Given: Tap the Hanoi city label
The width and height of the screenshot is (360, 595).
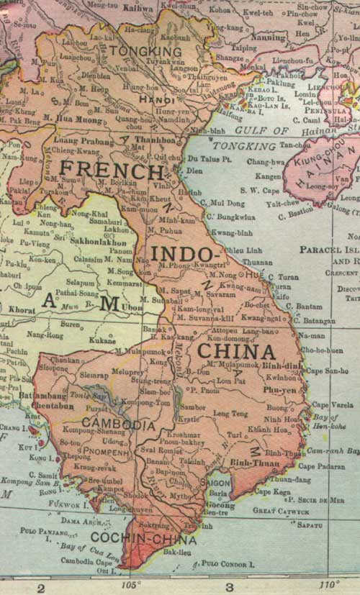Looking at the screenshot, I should [x=156, y=98].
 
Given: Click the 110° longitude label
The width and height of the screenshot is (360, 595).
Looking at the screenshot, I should [x=328, y=583].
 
